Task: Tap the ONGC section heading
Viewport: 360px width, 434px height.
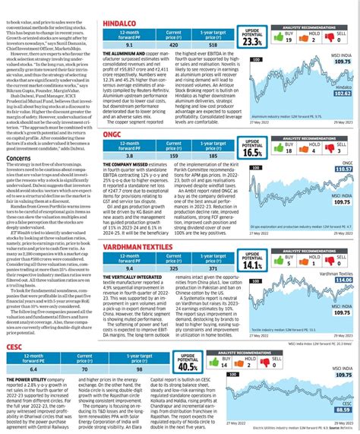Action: coord(112,135)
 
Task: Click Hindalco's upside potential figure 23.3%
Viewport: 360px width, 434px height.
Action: coord(229,41)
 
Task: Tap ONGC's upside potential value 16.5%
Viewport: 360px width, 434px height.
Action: coord(229,151)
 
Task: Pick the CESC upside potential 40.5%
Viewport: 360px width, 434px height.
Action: coord(229,366)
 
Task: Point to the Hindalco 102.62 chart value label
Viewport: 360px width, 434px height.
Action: coord(343,93)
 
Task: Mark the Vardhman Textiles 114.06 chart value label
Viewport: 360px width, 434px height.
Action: coord(343,280)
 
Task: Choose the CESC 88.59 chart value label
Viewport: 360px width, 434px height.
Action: coord(343,409)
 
